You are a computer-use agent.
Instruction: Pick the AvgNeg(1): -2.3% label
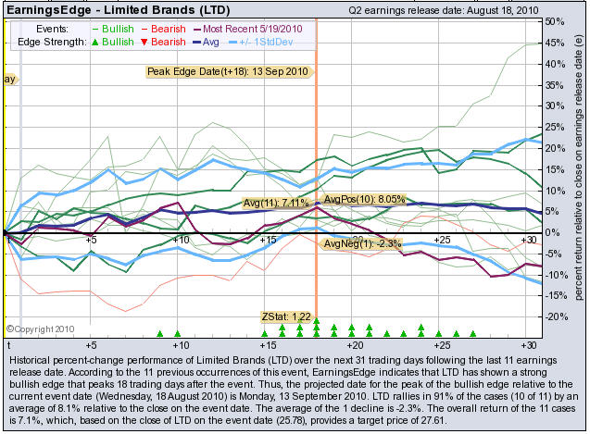tap(351, 243)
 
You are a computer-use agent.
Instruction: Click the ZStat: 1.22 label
tap(286, 316)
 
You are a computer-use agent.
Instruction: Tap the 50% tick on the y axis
tap(556, 21)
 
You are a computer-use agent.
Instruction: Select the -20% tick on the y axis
tap(556, 316)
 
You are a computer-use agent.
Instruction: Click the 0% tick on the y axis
tap(552, 232)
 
